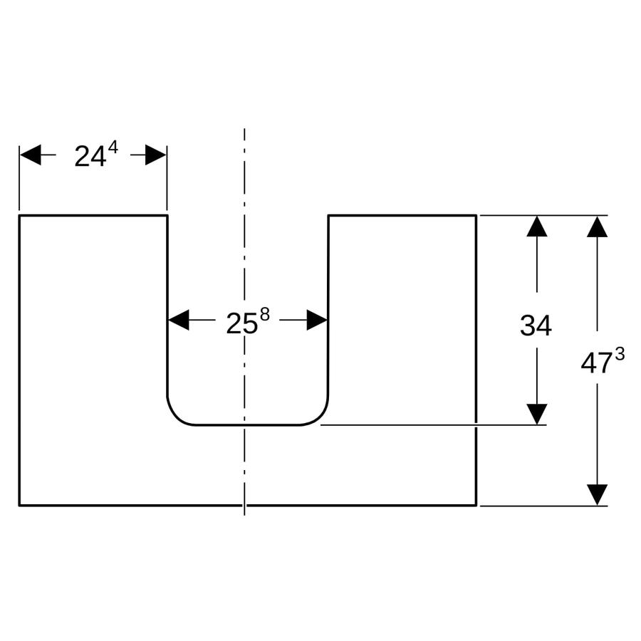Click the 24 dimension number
point(90,157)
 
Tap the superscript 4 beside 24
point(113,147)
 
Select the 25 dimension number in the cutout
point(242,324)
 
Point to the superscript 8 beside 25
point(265,316)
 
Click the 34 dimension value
point(536,325)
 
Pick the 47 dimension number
point(596,364)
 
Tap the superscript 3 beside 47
point(620,355)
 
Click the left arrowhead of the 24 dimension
point(31,155)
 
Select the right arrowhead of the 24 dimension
point(156,155)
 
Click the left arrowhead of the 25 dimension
point(179,320)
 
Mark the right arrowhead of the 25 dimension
point(317,320)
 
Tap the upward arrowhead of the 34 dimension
point(537,226)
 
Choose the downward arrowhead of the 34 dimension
point(537,414)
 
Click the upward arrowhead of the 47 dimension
point(598,226)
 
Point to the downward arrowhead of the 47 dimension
point(598,495)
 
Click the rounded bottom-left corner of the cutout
point(175,417)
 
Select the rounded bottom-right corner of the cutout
point(320,417)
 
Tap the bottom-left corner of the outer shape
point(19,506)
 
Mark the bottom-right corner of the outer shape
point(476,506)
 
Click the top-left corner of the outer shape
point(19,215)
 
